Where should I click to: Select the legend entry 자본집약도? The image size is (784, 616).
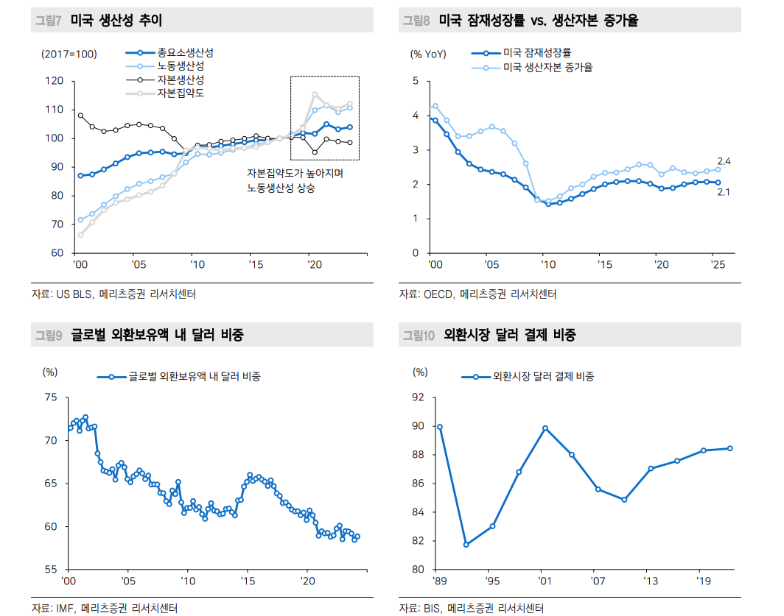[180, 93]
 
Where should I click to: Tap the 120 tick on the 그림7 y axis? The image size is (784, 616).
[55, 81]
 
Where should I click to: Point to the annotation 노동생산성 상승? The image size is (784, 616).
[281, 188]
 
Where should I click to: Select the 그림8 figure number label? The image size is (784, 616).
[416, 21]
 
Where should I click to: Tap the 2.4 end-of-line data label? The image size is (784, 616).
[724, 161]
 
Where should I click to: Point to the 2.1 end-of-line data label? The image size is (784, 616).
[724, 193]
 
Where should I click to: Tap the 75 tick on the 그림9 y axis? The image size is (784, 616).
[51, 397]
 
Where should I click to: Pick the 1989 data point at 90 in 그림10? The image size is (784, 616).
[440, 427]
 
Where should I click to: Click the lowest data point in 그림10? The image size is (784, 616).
[466, 545]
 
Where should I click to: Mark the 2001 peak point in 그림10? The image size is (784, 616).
[545, 428]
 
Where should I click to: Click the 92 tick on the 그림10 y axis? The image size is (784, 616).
[419, 397]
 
